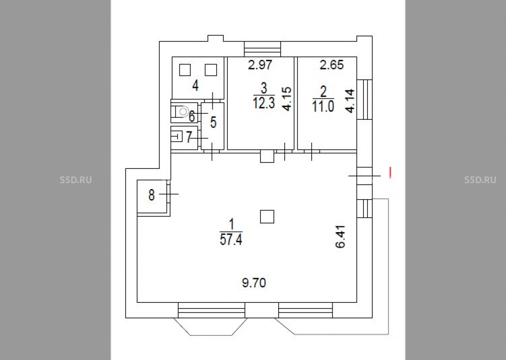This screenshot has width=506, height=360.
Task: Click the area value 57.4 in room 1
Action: (x=231, y=240)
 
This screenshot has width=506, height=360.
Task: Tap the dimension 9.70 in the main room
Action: (x=254, y=283)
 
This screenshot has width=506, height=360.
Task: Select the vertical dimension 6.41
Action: (x=341, y=237)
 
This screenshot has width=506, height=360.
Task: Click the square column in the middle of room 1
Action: (x=267, y=217)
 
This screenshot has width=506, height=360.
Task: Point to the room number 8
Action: (x=151, y=195)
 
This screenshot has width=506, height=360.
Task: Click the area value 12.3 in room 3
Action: (x=264, y=104)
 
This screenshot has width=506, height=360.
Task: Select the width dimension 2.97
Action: (x=260, y=65)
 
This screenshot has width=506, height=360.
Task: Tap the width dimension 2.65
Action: (x=332, y=65)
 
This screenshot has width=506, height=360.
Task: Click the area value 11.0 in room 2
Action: (x=323, y=107)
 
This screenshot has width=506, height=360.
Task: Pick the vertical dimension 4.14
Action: (x=350, y=101)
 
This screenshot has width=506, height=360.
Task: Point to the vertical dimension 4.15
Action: (x=286, y=99)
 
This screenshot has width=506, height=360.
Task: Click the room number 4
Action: (x=195, y=86)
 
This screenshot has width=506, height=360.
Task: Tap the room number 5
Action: (x=213, y=122)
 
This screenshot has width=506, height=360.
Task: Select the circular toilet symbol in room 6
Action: (x=183, y=112)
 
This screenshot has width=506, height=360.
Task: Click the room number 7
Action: (x=189, y=138)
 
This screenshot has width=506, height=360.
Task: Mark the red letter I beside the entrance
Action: (x=390, y=172)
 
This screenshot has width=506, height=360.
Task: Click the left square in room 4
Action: (x=185, y=70)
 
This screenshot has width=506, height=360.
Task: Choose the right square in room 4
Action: (x=210, y=70)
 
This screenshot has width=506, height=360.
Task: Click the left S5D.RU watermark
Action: (x=76, y=180)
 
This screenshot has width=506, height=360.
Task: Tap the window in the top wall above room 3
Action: (x=262, y=50)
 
